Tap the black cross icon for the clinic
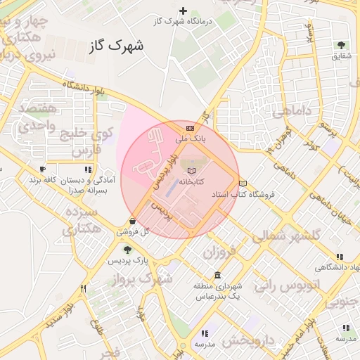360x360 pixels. [x=184, y=11]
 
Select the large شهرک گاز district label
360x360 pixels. [x=117, y=47]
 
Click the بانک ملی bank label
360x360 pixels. [x=191, y=139]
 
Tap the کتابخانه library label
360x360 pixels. [x=191, y=181]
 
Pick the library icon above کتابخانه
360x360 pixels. [x=191, y=169]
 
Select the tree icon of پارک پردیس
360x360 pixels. [x=127, y=249]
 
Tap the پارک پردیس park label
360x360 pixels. [x=127, y=260]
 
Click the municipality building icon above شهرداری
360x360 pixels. [x=218, y=274]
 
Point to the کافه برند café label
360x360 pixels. [x=42, y=181]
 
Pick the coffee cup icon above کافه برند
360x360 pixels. [x=42, y=169]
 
